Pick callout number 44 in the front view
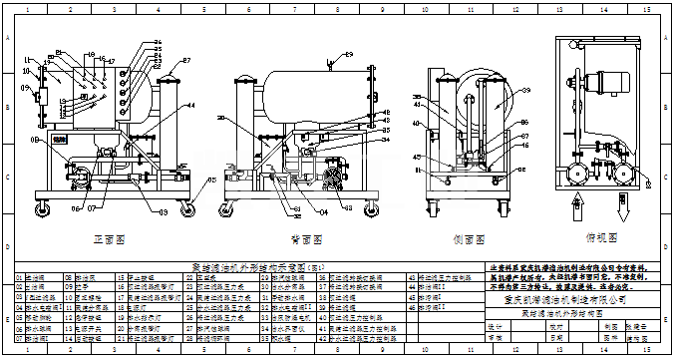click(x=192, y=104)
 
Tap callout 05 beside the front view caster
click(x=209, y=180)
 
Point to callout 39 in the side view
click(x=418, y=96)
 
